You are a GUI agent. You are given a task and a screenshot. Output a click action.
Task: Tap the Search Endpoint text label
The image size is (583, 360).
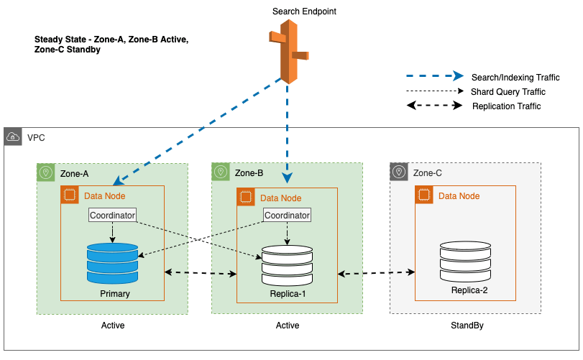point(304,11)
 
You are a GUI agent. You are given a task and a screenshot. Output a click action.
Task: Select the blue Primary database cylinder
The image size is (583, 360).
point(111,262)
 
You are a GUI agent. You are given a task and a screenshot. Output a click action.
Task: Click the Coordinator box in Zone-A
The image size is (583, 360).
point(112,215)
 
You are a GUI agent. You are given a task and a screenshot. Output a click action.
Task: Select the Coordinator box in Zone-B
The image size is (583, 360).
point(288,215)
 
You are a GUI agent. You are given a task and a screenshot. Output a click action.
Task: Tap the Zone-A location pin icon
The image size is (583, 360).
point(47,173)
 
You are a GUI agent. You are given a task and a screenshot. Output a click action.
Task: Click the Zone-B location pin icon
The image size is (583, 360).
point(221,172)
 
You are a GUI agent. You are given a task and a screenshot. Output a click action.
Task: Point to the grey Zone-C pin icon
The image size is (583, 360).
point(399,172)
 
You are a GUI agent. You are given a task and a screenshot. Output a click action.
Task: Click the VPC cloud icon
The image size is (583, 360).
point(13,137)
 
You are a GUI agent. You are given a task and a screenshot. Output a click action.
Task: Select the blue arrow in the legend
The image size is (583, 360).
point(434,76)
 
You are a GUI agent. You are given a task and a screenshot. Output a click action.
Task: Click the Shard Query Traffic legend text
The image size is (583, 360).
point(508,92)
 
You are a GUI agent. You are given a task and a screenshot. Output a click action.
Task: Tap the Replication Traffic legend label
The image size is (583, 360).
point(506,106)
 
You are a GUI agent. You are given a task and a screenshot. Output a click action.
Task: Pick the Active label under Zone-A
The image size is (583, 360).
point(112,326)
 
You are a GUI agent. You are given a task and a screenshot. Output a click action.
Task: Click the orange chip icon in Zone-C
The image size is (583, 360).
point(424,195)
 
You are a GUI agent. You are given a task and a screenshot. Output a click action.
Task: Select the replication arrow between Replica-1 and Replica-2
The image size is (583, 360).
point(377,273)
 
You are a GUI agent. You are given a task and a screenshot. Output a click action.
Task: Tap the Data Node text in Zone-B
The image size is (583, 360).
point(280,198)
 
